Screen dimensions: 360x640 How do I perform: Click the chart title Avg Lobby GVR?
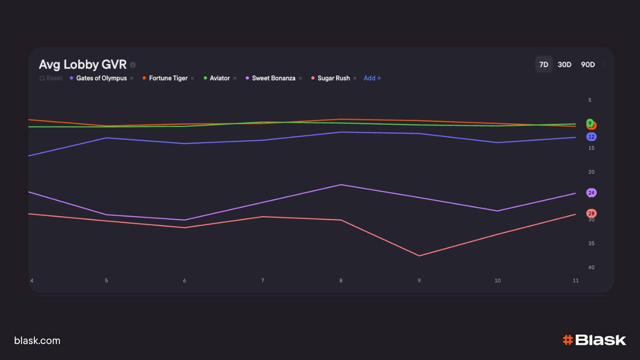[83, 64]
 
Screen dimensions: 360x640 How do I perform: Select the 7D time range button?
[544, 64]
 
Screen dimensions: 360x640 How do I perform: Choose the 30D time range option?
[565, 64]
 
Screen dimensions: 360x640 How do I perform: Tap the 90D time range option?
[588, 64]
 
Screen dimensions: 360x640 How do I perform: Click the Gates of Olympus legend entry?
[101, 78]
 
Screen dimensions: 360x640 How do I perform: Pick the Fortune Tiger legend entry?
[168, 78]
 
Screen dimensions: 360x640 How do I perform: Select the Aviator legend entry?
[219, 78]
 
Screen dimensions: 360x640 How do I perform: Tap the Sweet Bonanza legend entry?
[273, 78]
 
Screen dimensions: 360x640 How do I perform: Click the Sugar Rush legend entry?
[333, 78]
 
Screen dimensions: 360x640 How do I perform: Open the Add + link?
[372, 78]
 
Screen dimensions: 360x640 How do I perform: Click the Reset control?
[51, 78]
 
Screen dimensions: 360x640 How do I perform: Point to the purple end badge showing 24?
[591, 193]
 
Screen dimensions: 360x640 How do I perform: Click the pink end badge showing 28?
[591, 213]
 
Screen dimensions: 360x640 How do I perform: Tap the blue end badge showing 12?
[591, 137]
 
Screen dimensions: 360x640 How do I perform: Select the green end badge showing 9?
[590, 122]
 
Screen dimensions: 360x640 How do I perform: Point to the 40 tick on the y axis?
[592, 267]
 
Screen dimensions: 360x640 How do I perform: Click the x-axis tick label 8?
[341, 281]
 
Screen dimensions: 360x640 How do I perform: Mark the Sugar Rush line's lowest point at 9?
[419, 256]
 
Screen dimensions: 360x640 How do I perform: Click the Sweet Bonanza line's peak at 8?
[341, 185]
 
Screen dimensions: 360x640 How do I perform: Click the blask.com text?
[37, 340]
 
